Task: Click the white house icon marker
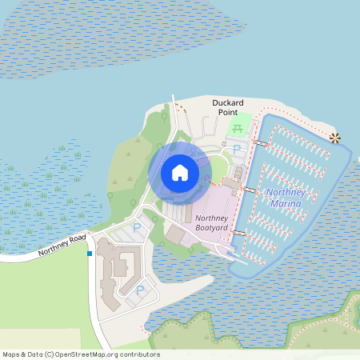(x=180, y=172)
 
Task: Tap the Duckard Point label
(x=227, y=108)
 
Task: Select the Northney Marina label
(x=284, y=198)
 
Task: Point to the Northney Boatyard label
(x=212, y=223)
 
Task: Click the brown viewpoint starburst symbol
(x=335, y=138)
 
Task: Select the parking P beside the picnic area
(x=236, y=149)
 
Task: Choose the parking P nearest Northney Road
(x=136, y=228)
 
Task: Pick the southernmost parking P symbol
(x=140, y=291)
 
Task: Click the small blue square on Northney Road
(x=90, y=254)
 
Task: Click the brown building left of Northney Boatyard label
(x=175, y=234)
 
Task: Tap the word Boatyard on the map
(x=212, y=229)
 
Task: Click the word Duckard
(x=227, y=102)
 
